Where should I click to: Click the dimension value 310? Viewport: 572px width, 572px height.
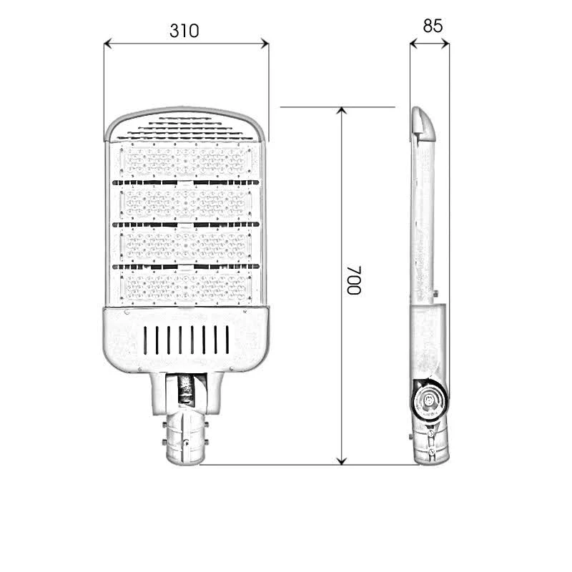(184, 31)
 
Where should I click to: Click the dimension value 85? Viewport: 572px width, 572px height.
(433, 26)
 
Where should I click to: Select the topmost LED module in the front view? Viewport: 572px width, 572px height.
(186, 162)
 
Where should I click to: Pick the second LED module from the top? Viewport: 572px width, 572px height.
(186, 203)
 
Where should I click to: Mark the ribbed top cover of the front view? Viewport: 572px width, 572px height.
(186, 125)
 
